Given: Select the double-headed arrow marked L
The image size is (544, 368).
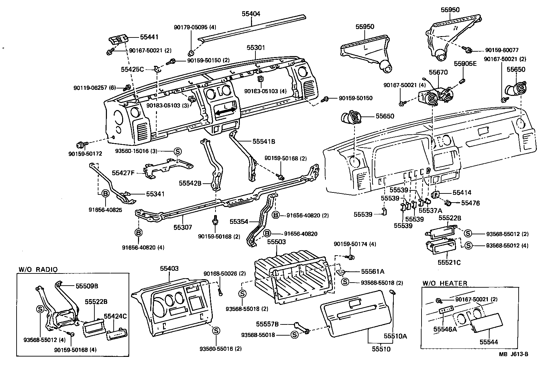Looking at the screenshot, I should (226, 111).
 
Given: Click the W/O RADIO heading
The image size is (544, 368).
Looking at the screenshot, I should (38, 269).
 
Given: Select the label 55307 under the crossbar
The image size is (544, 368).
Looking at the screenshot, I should (183, 227).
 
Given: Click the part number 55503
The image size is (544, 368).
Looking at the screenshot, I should (276, 242).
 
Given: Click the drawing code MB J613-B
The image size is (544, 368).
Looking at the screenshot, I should (513, 354).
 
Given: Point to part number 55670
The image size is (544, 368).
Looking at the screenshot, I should (438, 72).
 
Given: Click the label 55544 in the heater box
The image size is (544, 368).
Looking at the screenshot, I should (489, 342).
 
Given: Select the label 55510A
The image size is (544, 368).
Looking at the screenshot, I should (395, 336).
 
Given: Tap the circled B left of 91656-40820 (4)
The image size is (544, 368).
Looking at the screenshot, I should (138, 233).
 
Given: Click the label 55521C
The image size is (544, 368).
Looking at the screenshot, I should (449, 262).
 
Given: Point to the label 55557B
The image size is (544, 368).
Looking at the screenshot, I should (267, 324).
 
